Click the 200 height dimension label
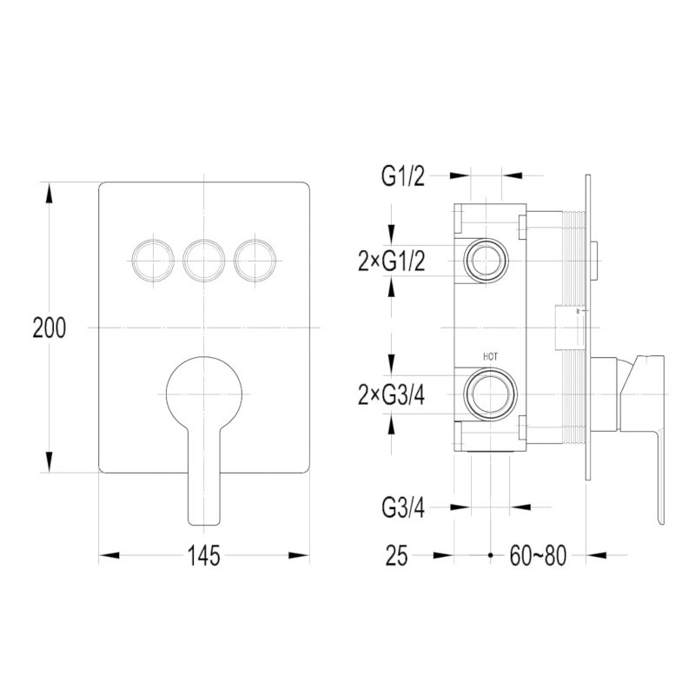pyautogui.click(x=50, y=328)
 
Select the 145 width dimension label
pyautogui.click(x=204, y=555)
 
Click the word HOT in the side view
pyautogui.click(x=490, y=357)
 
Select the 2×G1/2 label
pyautogui.click(x=392, y=261)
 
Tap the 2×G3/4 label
pyautogui.click(x=392, y=395)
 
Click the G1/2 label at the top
pyautogui.click(x=403, y=176)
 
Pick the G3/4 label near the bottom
pyautogui.click(x=403, y=508)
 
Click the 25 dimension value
pyautogui.click(x=396, y=555)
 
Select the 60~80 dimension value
pyautogui.click(x=538, y=555)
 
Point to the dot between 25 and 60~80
pyautogui.click(x=490, y=555)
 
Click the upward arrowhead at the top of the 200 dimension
pyautogui.click(x=50, y=193)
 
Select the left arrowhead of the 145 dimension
pyautogui.click(x=109, y=555)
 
